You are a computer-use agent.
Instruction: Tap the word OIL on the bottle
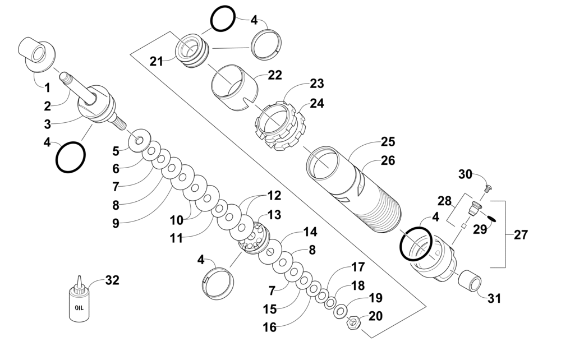click(x=79, y=308)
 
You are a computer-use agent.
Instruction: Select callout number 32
click(x=112, y=280)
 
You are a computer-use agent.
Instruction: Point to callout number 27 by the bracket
click(x=521, y=234)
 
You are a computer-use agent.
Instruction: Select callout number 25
click(x=388, y=141)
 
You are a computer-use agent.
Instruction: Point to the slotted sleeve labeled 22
click(x=234, y=87)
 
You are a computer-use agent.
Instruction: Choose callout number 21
click(x=156, y=62)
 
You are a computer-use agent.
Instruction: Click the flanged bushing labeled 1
click(x=36, y=55)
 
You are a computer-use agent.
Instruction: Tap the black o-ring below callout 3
click(x=71, y=158)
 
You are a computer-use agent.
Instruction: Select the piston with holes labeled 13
click(x=254, y=238)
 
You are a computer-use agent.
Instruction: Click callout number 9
click(x=116, y=223)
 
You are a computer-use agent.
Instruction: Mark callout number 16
click(x=270, y=327)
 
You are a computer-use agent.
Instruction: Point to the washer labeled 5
click(x=138, y=140)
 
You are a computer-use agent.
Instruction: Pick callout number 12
click(x=274, y=196)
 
